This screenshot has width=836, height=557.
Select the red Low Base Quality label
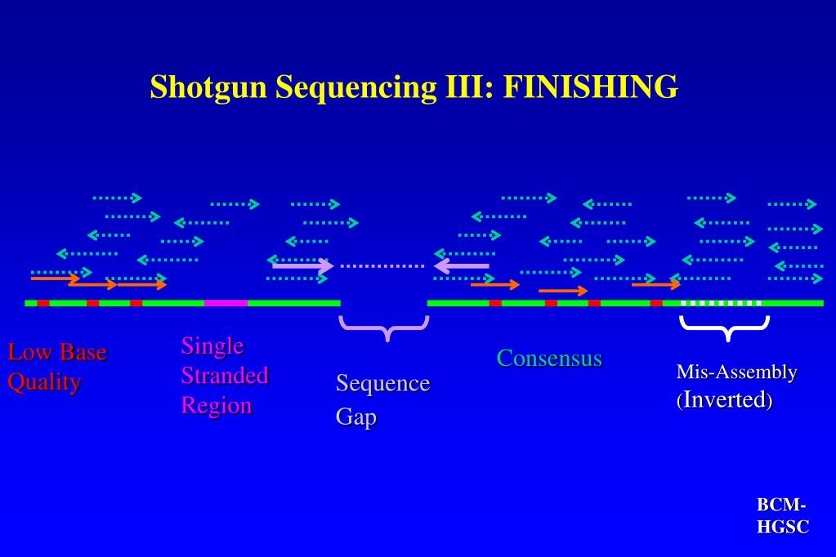pyautogui.click(x=56, y=368)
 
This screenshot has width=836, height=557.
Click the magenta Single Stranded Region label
pyautogui.click(x=224, y=375)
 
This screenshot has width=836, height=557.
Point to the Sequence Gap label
pyautogui.click(x=382, y=399)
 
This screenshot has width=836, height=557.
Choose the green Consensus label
pyautogui.click(x=549, y=358)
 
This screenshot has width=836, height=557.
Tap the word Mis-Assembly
pyautogui.click(x=736, y=372)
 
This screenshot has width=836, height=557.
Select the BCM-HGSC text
pyautogui.click(x=783, y=516)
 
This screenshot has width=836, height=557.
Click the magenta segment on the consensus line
pyautogui.click(x=226, y=303)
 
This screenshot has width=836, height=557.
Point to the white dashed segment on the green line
pyautogui.click(x=721, y=303)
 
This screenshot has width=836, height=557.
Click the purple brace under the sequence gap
pyautogui.click(x=384, y=328)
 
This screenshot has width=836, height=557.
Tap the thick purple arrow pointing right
pyautogui.click(x=302, y=265)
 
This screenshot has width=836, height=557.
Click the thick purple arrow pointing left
pyautogui.click(x=462, y=265)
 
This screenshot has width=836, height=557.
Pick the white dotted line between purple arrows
pyautogui.click(x=382, y=265)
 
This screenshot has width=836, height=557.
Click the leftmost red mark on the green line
pyautogui.click(x=42, y=303)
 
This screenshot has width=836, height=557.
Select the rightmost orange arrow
pyautogui.click(x=656, y=284)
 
